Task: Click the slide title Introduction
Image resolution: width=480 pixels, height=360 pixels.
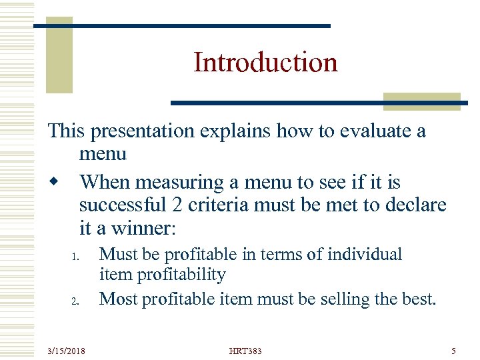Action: coord(265,63)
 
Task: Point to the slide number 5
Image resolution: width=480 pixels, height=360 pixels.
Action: coord(453,350)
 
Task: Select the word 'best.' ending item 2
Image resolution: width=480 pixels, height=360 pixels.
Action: coord(421,299)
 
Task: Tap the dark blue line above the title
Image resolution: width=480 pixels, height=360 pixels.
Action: coord(181,26)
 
